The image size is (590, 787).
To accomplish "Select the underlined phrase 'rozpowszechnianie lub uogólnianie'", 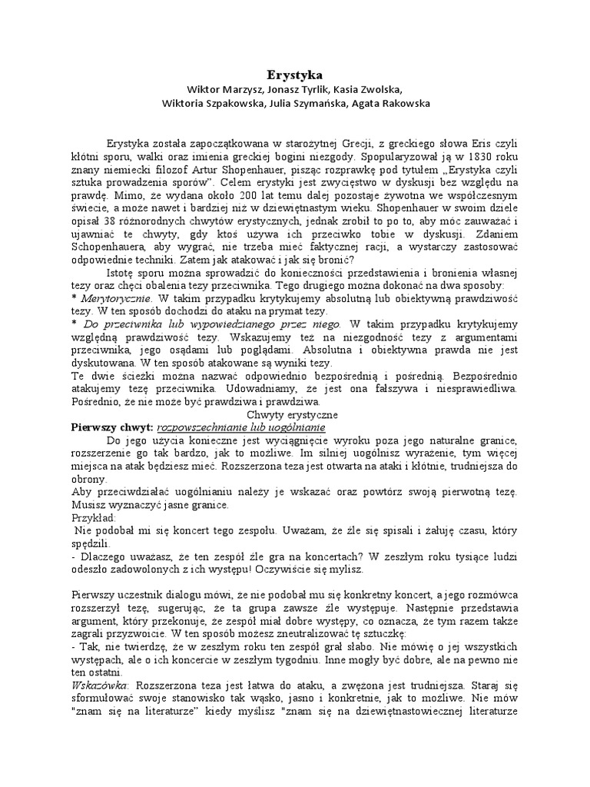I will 240,427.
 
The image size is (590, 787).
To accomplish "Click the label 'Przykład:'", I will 93,519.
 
